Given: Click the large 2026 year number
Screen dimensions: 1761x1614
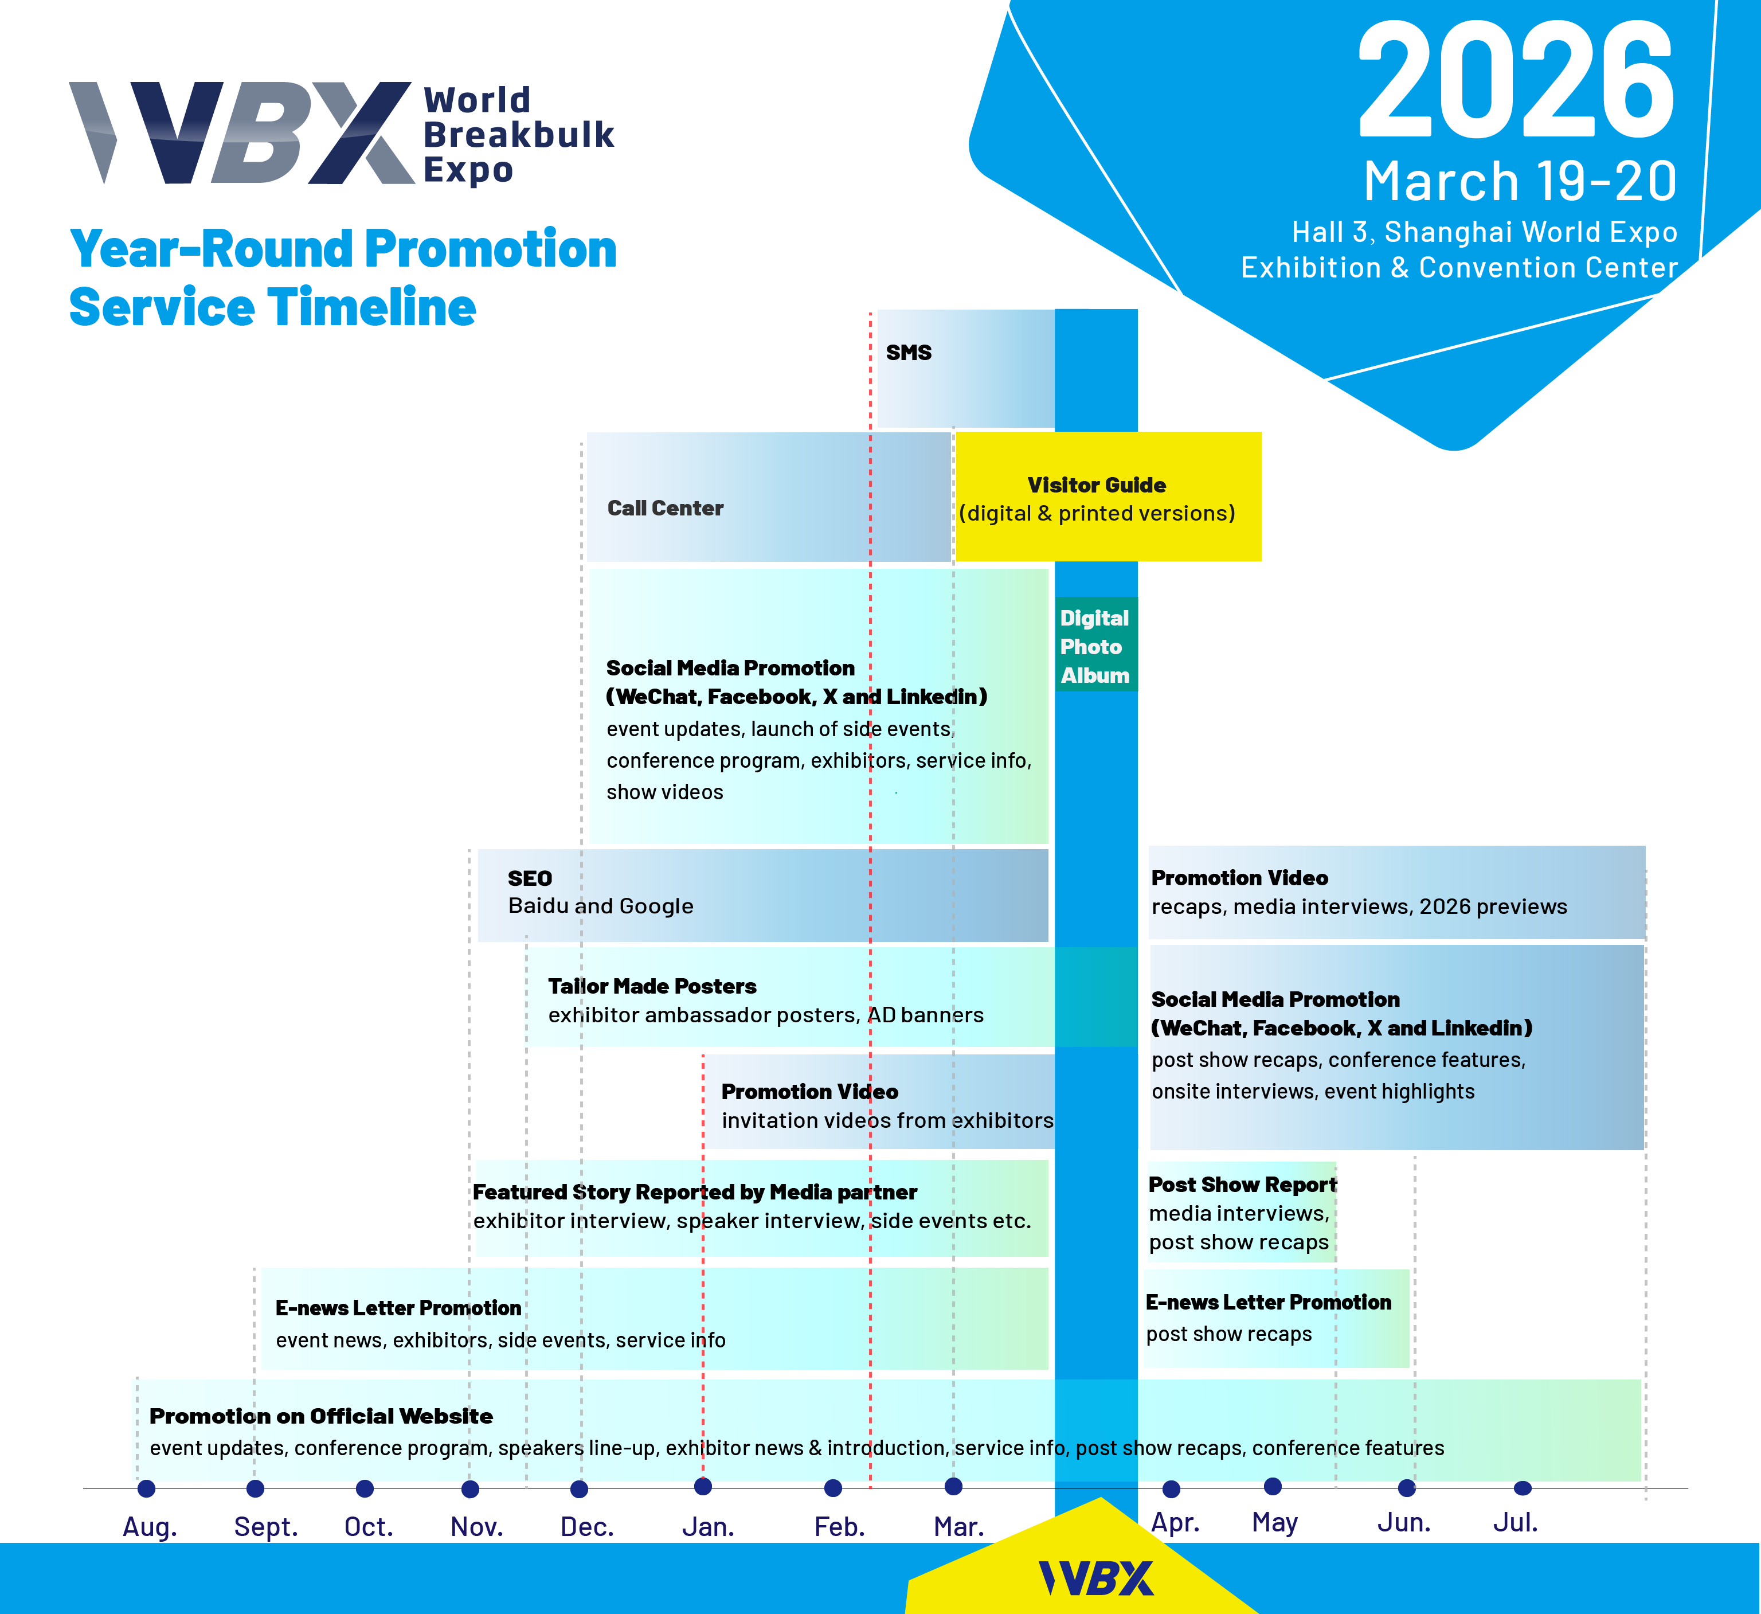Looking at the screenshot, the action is coord(1516,80).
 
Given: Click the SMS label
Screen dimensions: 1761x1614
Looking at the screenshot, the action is coord(909,352).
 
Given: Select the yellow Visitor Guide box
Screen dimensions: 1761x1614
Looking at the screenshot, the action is coord(1109,497).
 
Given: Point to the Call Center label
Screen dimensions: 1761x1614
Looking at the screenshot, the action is coord(666,507).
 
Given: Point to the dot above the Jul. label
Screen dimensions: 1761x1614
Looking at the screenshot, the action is coord(1523,1487).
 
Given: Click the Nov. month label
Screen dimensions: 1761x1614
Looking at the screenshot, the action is coord(477,1527).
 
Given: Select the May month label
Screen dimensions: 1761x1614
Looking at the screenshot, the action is coord(1274,1523).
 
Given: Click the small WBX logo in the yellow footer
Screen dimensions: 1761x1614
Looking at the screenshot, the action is coord(1096,1578).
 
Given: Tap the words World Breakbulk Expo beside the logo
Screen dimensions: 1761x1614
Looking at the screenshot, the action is coord(519,135).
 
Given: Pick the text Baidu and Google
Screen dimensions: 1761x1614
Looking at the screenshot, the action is coord(601,906).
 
